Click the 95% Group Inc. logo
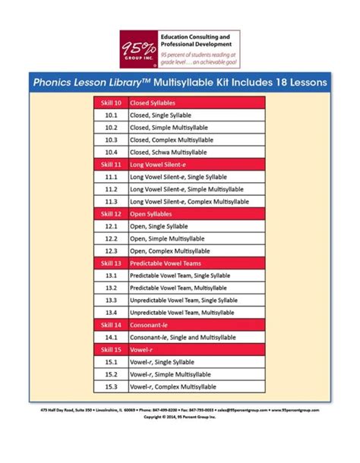point(137,48)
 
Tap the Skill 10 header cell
point(111,102)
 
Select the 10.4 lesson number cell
point(111,153)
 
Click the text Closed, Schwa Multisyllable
point(169,153)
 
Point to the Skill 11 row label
point(111,164)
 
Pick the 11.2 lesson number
point(111,189)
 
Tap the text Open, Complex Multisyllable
point(168,251)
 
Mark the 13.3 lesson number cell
point(111,300)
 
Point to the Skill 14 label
point(111,324)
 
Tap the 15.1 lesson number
point(111,362)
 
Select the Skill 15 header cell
point(111,349)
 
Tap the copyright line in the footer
point(179,416)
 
